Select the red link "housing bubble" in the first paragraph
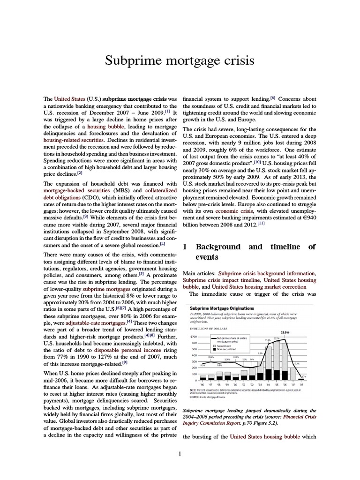(x=105, y=127)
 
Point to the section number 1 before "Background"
(x=185, y=247)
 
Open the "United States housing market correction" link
(x=264, y=286)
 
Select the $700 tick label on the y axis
(x=194, y=337)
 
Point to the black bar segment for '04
(x=268, y=374)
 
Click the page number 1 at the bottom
(x=180, y=453)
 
